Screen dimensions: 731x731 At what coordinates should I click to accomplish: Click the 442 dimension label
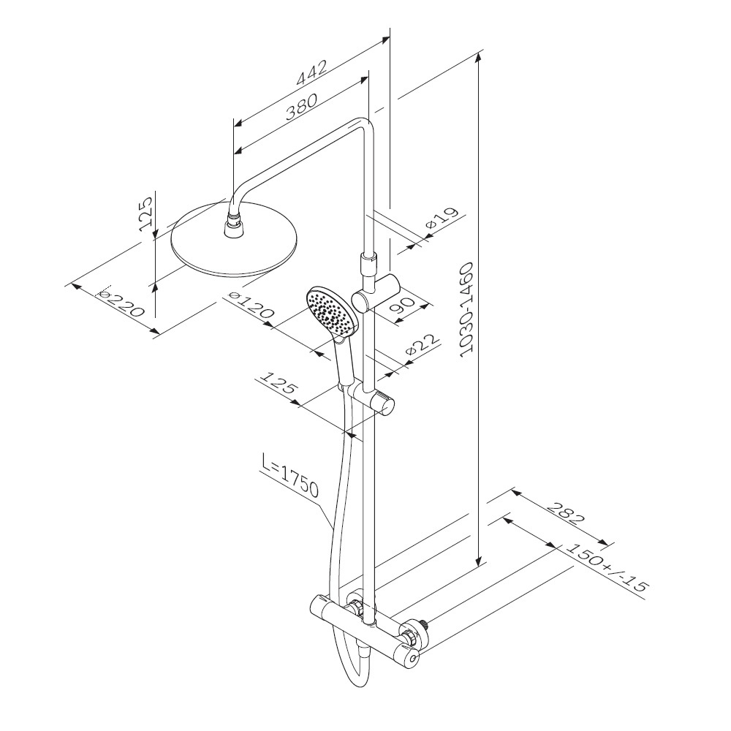[x=311, y=72]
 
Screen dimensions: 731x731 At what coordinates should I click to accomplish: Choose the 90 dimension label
[x=402, y=304]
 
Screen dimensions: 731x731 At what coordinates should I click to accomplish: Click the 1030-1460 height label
[x=466, y=310]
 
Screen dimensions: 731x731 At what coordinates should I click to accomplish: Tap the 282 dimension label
[x=564, y=513]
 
